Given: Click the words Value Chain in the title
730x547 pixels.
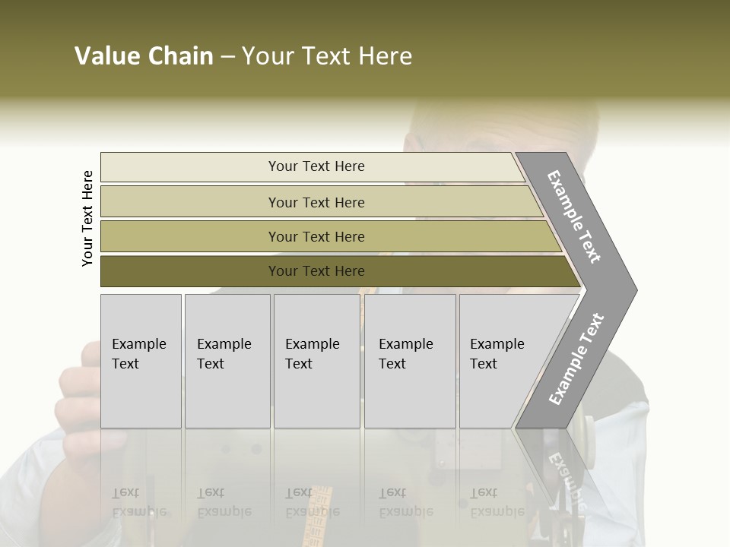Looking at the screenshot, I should [x=144, y=56].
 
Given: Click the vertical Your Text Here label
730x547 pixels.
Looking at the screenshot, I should [x=87, y=219].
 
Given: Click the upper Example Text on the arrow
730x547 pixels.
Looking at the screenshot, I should [x=574, y=217].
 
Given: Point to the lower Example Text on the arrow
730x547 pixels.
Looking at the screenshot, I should [x=576, y=359].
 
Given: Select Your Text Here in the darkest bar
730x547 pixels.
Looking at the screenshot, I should [x=316, y=271].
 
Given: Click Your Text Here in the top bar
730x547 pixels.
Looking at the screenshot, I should [x=316, y=166].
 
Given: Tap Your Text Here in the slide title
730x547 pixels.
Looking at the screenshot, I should [x=327, y=56].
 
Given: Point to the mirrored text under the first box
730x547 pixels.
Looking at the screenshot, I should [x=138, y=502].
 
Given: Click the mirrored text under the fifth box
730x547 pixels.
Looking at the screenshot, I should [x=497, y=502].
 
